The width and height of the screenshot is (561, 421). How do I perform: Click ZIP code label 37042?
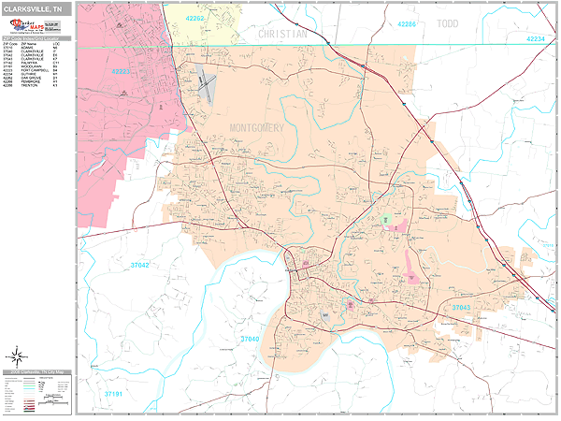pos(139,266)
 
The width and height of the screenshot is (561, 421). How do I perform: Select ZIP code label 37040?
pos(250,339)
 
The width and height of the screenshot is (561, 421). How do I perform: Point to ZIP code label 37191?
pos(113,395)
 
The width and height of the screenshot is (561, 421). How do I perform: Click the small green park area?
pos(385,219)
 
